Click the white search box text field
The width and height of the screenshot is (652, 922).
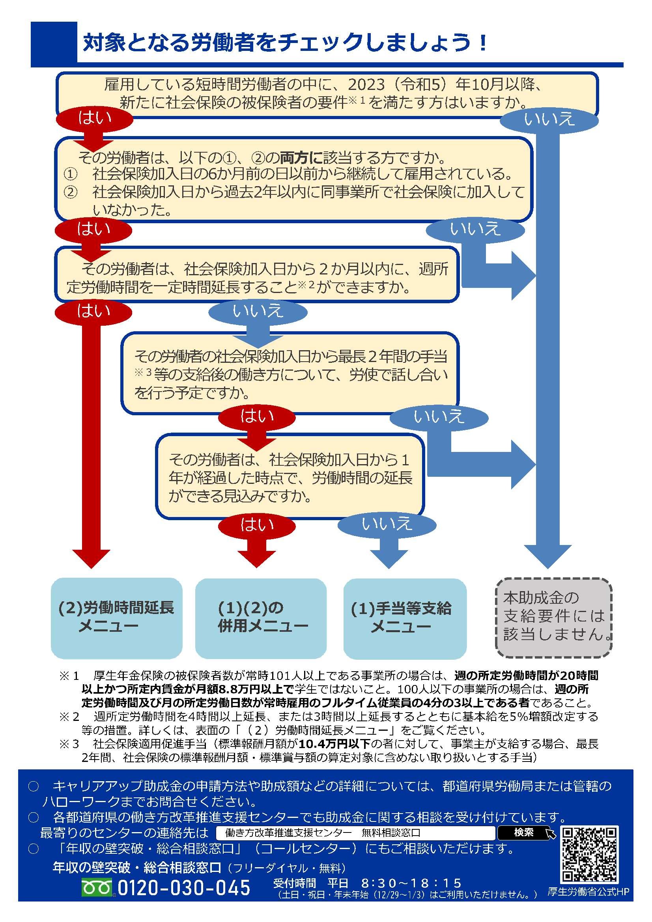point(355,832)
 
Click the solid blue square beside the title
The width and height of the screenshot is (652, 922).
point(54,42)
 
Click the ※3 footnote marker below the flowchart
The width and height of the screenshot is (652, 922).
point(69,744)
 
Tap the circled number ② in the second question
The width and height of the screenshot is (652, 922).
point(71,192)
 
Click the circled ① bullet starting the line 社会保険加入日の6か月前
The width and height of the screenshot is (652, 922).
point(71,174)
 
